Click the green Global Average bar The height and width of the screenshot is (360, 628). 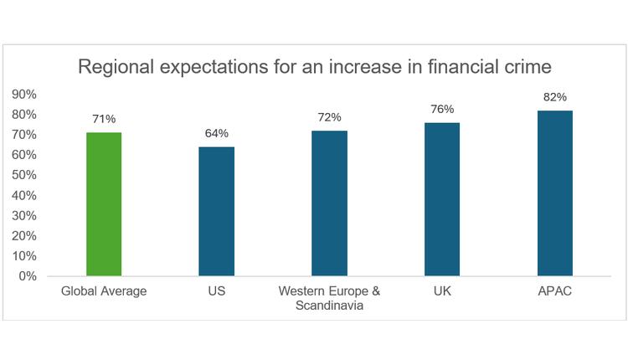[x=104, y=204]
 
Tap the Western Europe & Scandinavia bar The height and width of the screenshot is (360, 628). [x=329, y=203]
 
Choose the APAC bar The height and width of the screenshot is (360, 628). [x=554, y=193]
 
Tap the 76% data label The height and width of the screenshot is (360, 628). [x=442, y=110]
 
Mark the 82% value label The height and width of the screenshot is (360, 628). [x=554, y=98]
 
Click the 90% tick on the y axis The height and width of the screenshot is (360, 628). [x=24, y=94]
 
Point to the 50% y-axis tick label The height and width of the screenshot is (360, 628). [x=24, y=175]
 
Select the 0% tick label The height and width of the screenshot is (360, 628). [x=28, y=276]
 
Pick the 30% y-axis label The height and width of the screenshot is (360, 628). [x=24, y=216]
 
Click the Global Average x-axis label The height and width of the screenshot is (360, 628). [x=104, y=291]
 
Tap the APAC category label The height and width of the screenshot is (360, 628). [x=554, y=291]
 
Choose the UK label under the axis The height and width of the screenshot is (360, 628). [x=442, y=291]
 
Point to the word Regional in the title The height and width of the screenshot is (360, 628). [x=112, y=66]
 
